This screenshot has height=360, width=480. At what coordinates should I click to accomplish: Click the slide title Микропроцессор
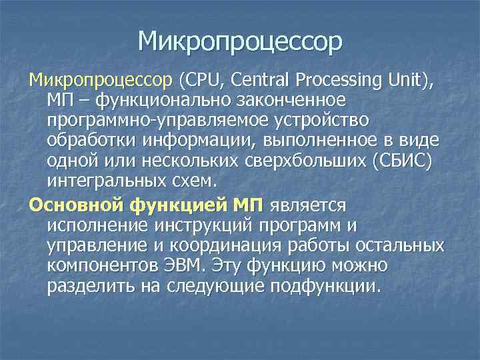pos(240,41)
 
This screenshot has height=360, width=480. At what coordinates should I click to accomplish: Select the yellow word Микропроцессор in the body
pos(100,81)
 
